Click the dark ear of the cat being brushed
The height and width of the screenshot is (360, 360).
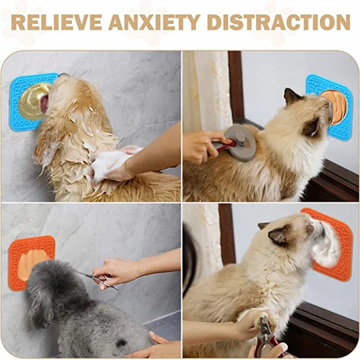click(x=291, y=97)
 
